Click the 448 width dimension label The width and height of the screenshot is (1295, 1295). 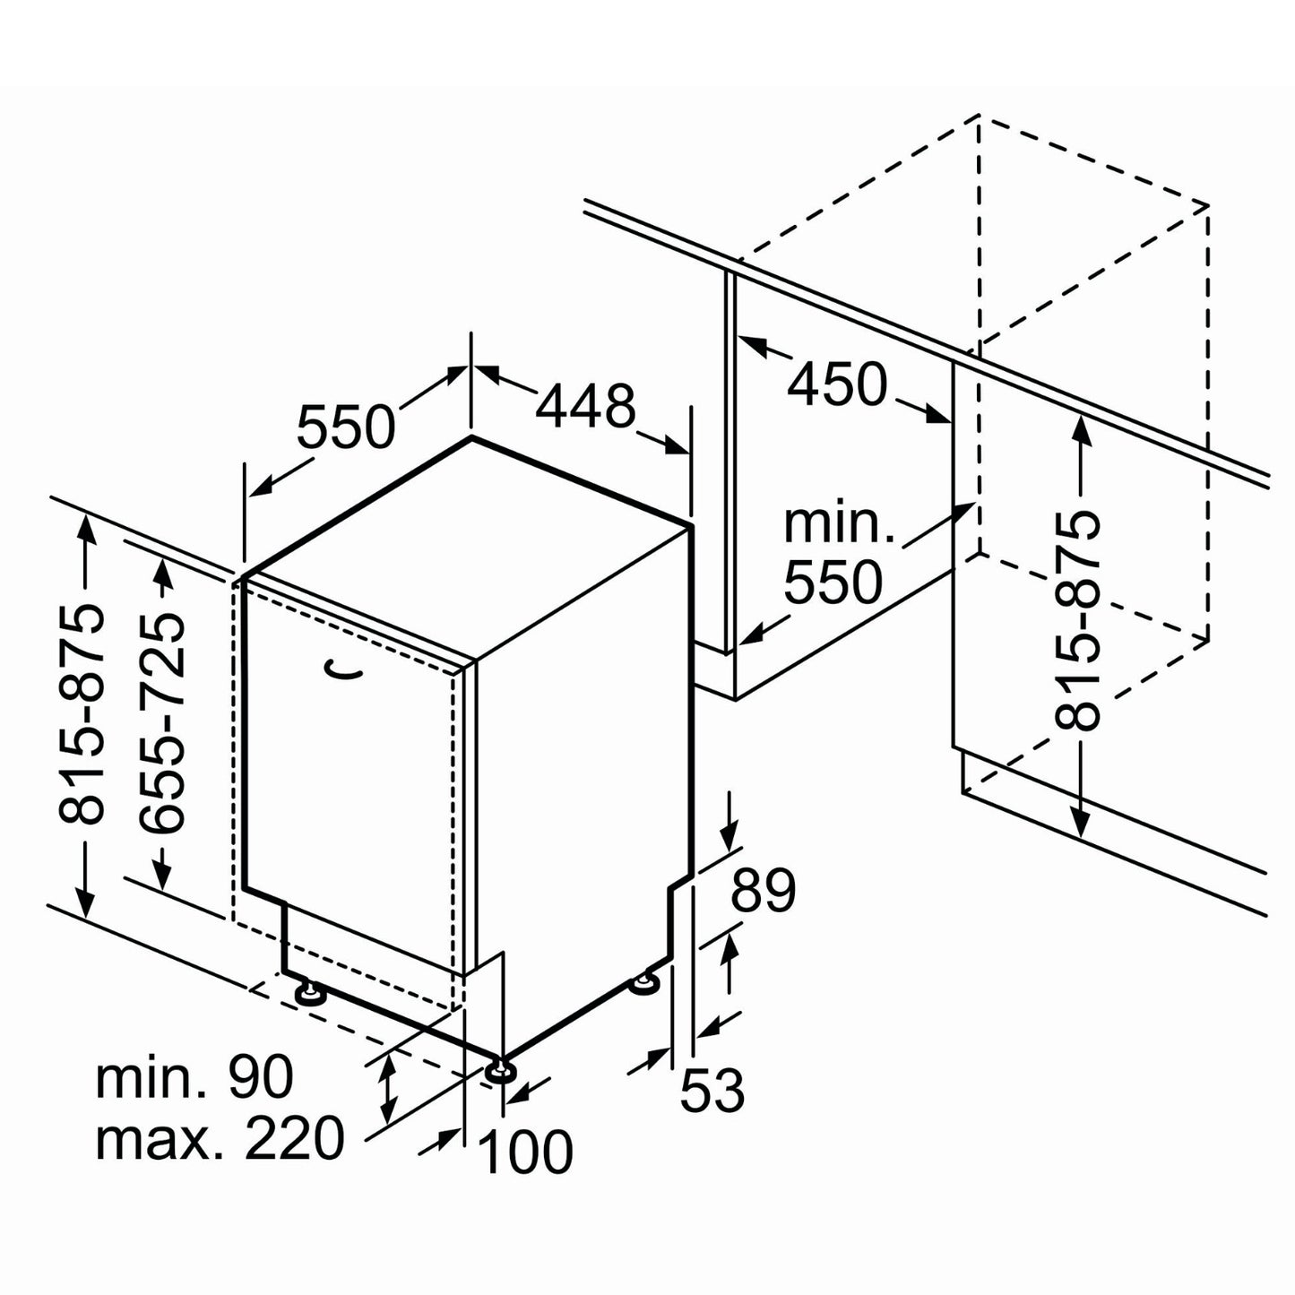(584, 406)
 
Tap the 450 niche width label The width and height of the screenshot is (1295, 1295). (837, 385)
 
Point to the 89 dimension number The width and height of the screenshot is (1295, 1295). (763, 891)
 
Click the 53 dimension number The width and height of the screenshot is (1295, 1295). (712, 1090)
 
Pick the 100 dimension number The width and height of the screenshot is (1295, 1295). (527, 1152)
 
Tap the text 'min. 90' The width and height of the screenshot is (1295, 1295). (194, 1077)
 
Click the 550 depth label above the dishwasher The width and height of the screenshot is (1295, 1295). (345, 426)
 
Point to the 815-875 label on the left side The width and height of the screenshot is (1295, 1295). (82, 713)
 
